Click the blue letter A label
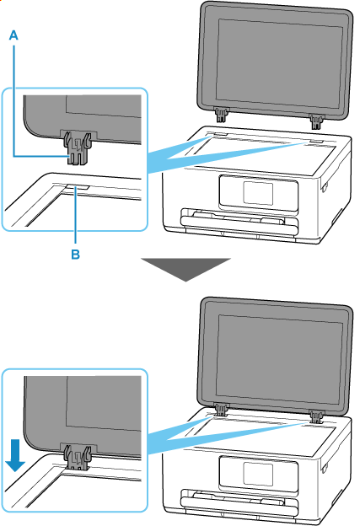(13, 35)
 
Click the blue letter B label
(76, 255)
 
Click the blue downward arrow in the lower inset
(15, 455)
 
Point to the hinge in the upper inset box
(78, 147)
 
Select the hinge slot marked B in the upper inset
(77, 187)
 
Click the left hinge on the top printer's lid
(221, 115)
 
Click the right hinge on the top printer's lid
(315, 121)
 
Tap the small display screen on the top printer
(258, 194)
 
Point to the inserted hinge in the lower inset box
(78, 456)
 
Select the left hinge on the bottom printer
(221, 410)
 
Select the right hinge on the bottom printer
(316, 417)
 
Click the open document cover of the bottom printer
(275, 357)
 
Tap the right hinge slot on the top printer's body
(317, 142)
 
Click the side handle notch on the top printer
(324, 187)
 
